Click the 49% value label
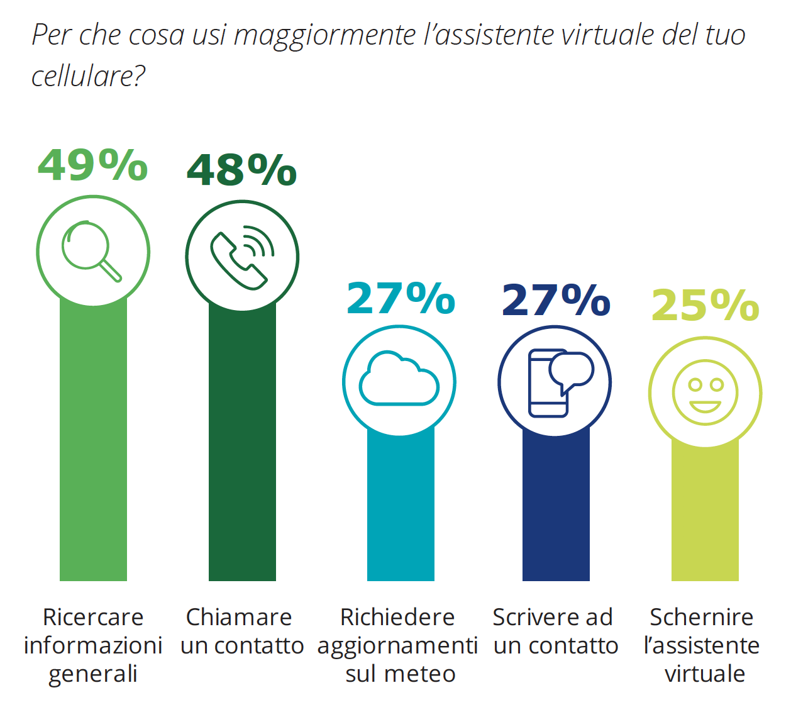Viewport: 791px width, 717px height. [x=92, y=165]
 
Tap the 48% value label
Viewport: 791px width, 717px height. [x=241, y=170]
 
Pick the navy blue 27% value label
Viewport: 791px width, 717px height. [x=556, y=300]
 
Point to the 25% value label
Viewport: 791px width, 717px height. [x=705, y=306]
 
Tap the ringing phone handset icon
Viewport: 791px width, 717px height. [x=242, y=257]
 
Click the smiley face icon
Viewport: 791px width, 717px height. [x=705, y=392]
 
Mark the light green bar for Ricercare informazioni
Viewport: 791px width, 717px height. [x=93, y=440]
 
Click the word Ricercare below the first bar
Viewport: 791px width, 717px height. [x=93, y=617]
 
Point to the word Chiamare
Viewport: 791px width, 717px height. [x=239, y=617]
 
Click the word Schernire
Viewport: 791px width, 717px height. [x=701, y=617]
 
